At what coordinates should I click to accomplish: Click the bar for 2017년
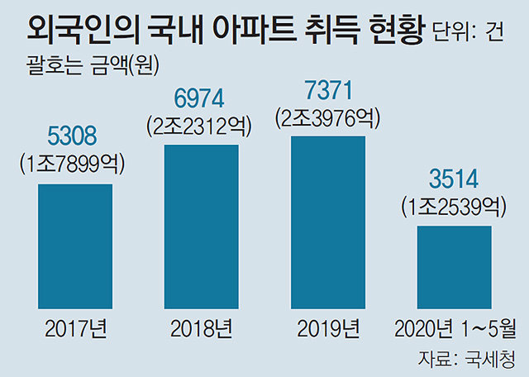click(x=75, y=245)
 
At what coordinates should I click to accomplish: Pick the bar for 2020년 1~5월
click(x=454, y=265)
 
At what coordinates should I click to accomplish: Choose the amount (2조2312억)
click(x=200, y=126)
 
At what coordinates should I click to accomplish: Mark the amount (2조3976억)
click(x=326, y=118)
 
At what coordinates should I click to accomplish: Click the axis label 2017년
click(x=75, y=328)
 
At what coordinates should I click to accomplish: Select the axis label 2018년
click(x=202, y=328)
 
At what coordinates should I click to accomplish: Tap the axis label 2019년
click(x=327, y=328)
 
